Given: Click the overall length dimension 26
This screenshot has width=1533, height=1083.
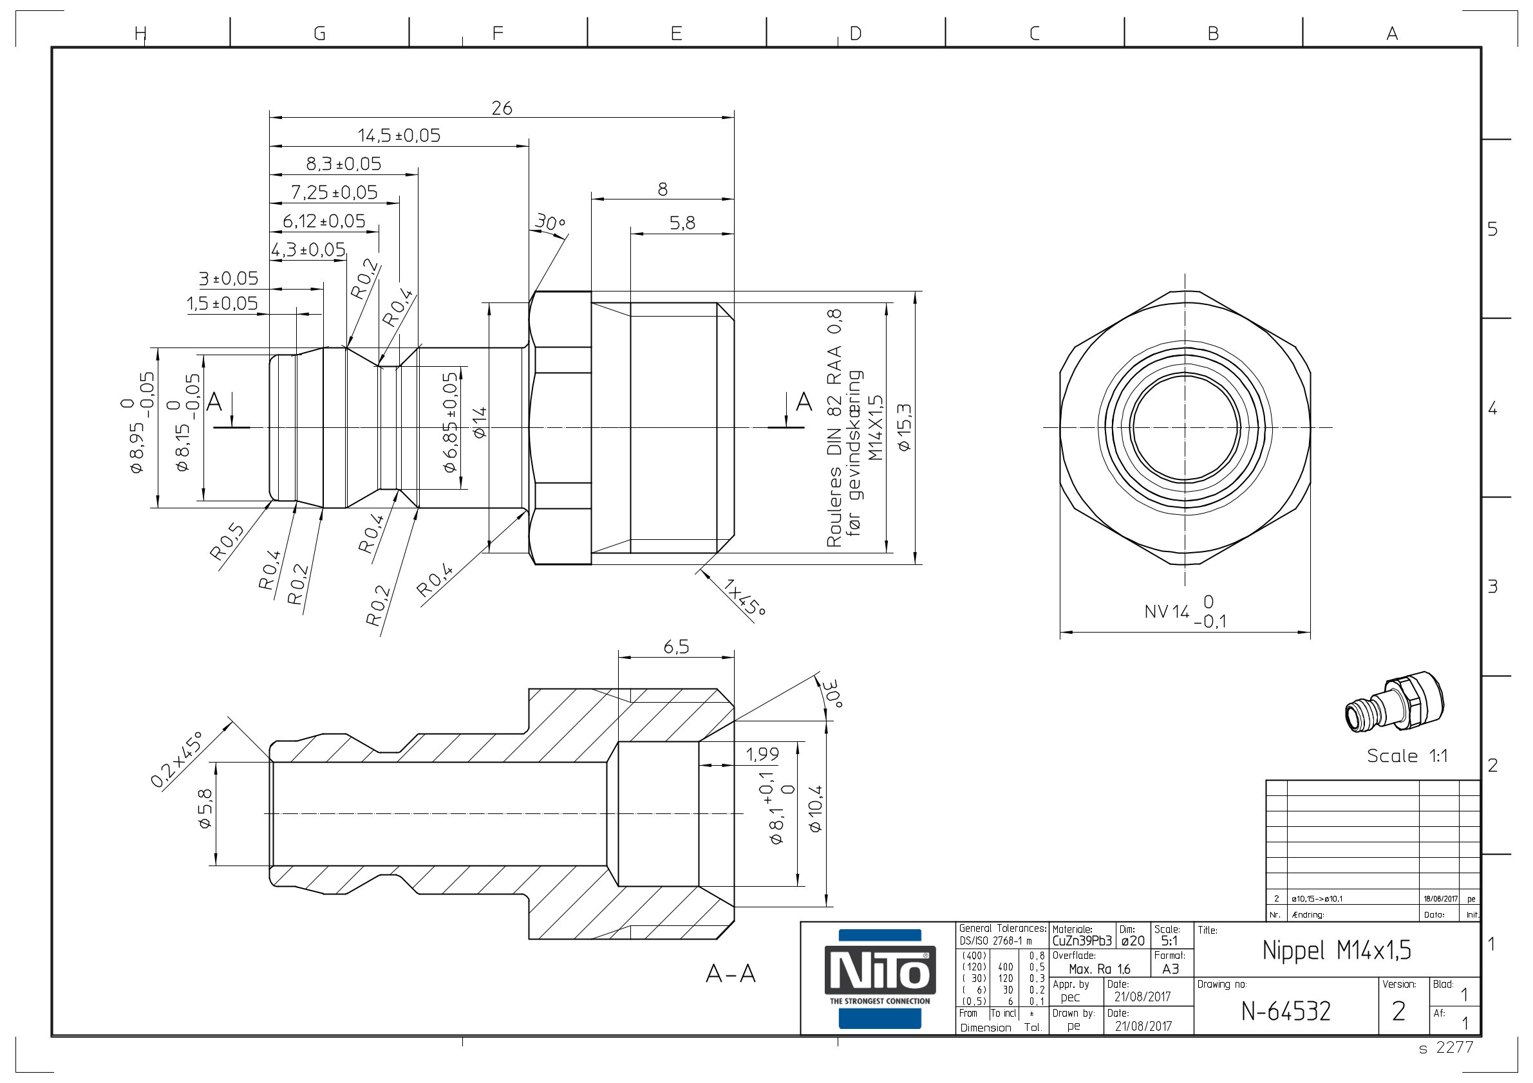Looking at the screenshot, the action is [x=502, y=108].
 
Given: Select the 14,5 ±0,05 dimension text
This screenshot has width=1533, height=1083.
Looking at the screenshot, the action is [x=399, y=136].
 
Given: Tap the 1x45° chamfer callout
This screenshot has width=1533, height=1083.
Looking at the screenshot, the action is [x=744, y=597].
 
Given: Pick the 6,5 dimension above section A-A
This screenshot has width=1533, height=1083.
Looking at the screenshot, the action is [x=675, y=647].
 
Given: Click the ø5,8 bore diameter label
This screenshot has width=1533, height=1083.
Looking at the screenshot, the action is [x=205, y=808].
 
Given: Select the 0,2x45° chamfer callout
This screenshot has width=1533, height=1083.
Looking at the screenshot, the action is [x=176, y=759].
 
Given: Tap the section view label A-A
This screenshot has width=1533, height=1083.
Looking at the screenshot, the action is [x=731, y=974].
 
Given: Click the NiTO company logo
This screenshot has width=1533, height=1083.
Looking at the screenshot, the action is [x=880, y=978].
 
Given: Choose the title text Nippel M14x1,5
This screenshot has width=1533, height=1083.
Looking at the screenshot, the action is [x=1337, y=950].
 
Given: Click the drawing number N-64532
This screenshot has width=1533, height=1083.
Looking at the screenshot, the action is [x=1286, y=1012].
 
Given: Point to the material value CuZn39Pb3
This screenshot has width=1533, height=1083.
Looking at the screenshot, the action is [x=1082, y=941].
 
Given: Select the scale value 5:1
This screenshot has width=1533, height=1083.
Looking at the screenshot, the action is [x=1169, y=941].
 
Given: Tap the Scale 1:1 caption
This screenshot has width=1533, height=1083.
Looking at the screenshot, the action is [x=1407, y=756].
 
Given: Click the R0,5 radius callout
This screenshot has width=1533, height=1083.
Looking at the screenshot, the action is [x=227, y=542].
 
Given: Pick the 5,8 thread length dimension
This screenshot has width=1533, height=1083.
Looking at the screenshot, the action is [x=682, y=223].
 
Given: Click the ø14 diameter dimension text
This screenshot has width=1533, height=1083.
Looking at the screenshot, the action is [x=480, y=422].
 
